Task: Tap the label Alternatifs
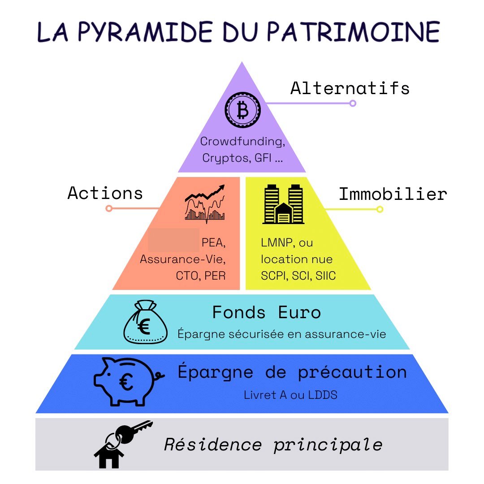(350, 88)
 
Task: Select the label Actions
(105, 193)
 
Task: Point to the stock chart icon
(205, 204)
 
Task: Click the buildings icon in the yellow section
(283, 204)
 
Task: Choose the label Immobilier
(393, 194)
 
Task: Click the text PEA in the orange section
(212, 243)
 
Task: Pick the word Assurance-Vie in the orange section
(182, 259)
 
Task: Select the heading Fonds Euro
(267, 312)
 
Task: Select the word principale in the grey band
(328, 445)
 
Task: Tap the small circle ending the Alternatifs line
(353, 104)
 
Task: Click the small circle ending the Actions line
(109, 208)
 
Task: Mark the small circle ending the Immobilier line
(380, 209)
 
